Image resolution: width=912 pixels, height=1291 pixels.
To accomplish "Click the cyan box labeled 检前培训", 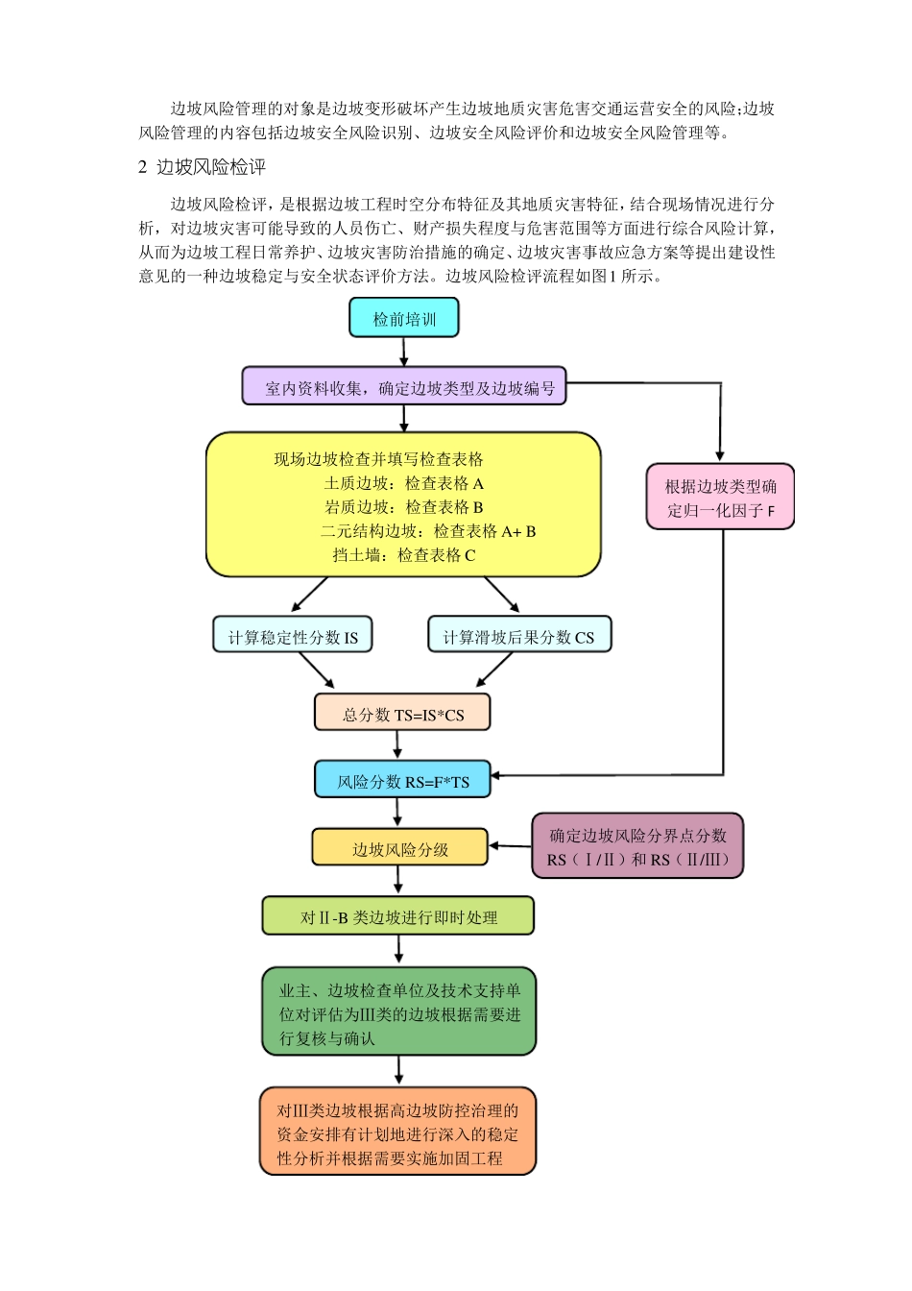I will [403, 318].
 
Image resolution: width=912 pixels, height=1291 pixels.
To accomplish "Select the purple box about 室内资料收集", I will [403, 387].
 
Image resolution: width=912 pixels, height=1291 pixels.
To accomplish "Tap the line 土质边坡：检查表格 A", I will [403, 483].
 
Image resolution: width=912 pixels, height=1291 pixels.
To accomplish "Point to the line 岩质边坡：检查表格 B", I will [403, 507].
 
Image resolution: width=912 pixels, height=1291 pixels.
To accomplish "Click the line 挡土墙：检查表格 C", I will [403, 555].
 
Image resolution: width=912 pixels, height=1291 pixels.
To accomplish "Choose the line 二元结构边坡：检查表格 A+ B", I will [427, 531].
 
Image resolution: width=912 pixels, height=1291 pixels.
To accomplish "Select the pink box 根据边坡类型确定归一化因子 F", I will [720, 498].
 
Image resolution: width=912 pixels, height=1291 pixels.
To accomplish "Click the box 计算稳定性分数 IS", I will [292, 636].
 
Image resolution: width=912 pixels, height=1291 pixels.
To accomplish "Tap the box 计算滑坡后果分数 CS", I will [518, 636].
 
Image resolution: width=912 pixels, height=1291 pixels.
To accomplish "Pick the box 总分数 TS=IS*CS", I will [402, 714].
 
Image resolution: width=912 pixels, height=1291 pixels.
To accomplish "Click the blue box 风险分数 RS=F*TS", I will [402, 781].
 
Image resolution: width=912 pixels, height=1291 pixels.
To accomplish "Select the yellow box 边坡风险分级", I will [399, 848].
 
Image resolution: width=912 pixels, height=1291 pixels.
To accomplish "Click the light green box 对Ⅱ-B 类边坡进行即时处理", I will [397, 916].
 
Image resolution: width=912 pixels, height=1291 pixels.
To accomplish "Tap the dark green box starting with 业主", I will [398, 1013].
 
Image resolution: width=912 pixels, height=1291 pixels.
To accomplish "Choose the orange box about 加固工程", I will [397, 1133].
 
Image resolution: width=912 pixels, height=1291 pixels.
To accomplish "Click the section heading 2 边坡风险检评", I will [202, 167].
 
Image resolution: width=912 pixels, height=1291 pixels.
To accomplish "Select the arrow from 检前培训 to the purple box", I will [403, 352].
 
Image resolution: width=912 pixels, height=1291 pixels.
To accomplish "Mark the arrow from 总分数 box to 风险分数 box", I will [397, 745].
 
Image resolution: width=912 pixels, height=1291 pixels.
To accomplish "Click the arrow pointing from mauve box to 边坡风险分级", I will [511, 846].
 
